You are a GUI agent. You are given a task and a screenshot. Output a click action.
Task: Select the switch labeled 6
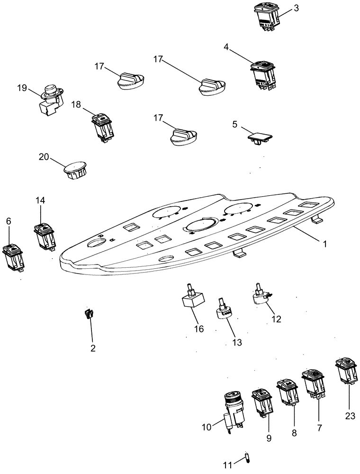tap(13, 256)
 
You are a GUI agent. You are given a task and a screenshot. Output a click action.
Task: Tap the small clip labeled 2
tap(89, 314)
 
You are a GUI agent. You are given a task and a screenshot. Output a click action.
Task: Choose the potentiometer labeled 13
tap(225, 310)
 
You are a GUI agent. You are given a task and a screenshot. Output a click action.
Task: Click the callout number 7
tap(319, 428)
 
